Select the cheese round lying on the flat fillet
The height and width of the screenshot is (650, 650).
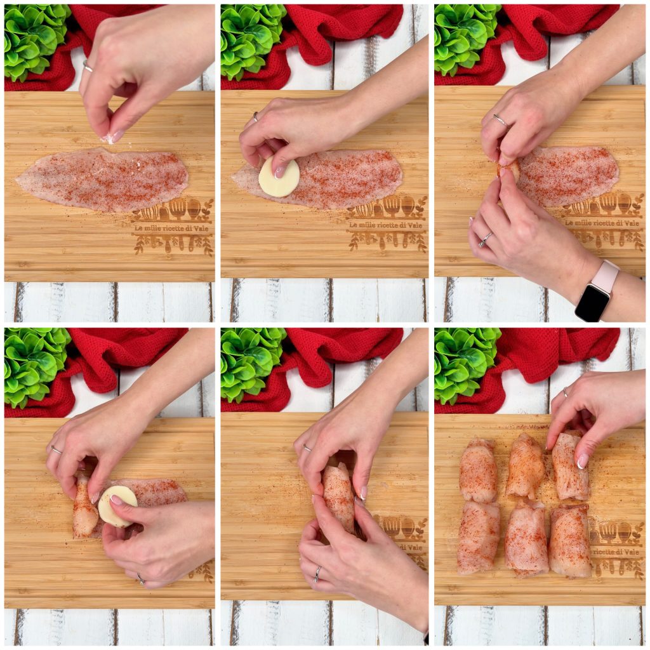point(279,178)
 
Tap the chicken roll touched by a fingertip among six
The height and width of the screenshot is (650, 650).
point(569,467)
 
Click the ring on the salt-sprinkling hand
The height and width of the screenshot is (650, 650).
point(87,66)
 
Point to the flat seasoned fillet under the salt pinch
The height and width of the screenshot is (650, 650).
point(102,180)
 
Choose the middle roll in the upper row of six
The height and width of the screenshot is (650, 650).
point(525,466)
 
